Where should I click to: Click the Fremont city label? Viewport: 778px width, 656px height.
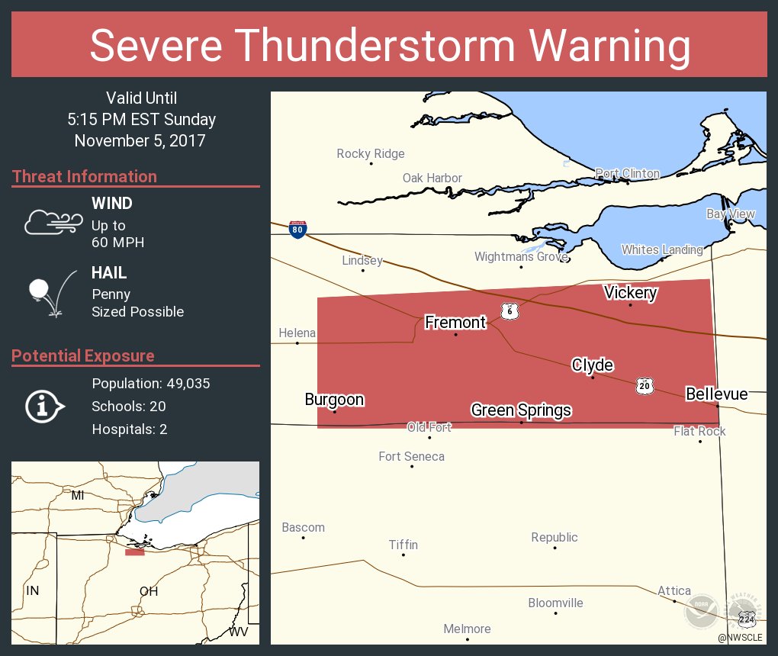tap(455, 323)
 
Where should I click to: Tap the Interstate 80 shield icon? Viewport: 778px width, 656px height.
tap(297, 230)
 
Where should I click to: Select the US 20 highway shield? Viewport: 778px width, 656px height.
tap(645, 387)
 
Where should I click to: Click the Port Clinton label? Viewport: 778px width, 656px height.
tap(627, 174)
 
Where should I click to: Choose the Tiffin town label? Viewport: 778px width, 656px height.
tap(403, 545)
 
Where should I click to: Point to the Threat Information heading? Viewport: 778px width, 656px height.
tap(85, 176)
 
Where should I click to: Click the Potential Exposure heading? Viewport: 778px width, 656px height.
tap(83, 355)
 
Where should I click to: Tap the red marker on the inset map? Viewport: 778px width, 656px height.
tap(135, 551)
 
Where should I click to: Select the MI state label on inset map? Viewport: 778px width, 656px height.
tap(78, 496)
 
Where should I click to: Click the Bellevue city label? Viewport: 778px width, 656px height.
tap(716, 394)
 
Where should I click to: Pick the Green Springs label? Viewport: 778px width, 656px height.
tap(521, 410)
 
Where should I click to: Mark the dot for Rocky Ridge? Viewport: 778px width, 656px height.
tap(371, 163)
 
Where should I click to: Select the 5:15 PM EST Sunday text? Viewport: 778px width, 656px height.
tap(141, 120)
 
